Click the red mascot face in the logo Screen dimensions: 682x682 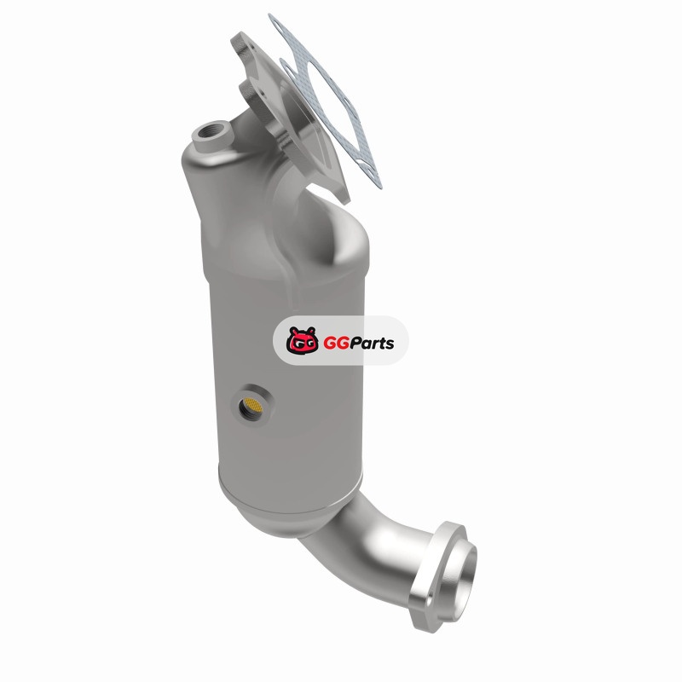click(302, 339)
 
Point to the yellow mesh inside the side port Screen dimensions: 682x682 click(251, 406)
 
